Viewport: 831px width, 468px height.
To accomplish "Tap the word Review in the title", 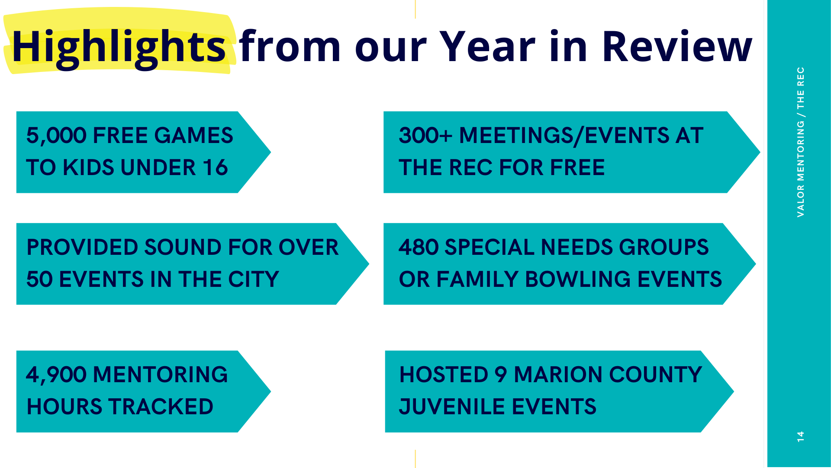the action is point(677,46).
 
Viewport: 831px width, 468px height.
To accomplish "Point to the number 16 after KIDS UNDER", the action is point(216,168).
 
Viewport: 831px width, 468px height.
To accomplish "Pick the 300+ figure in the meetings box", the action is point(425,135).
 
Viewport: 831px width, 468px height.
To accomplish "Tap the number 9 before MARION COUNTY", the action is point(501,375).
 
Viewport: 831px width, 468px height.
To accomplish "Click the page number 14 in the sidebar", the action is point(800,436).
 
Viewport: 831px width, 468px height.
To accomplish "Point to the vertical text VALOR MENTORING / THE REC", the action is point(800,142).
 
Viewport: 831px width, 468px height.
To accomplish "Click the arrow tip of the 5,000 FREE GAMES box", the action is point(271,152).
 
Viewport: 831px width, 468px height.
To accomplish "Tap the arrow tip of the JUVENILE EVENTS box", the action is point(734,391).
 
